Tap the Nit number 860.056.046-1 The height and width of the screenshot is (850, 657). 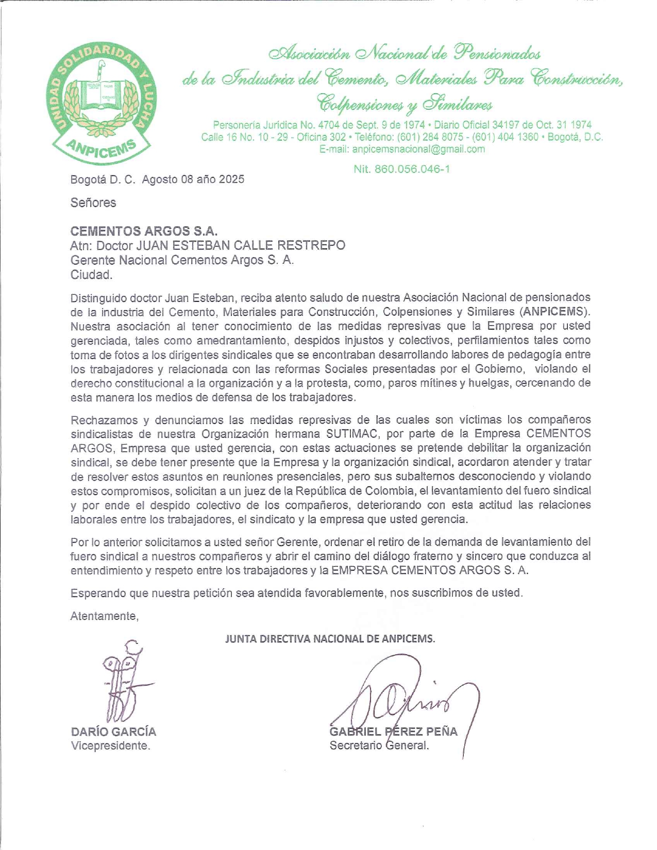pyautogui.click(x=401, y=169)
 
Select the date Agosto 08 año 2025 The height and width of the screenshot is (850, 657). pyautogui.click(x=193, y=179)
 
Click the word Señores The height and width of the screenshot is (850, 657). pyautogui.click(x=93, y=202)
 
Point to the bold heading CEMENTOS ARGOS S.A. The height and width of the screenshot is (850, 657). pyautogui.click(x=144, y=231)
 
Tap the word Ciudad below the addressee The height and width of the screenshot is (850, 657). pyautogui.click(x=91, y=275)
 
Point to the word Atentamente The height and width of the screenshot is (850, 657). pyautogui.click(x=104, y=616)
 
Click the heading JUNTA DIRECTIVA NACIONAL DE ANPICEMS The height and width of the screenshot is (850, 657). pyautogui.click(x=330, y=639)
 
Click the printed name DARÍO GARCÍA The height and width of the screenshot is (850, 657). pyautogui.click(x=113, y=732)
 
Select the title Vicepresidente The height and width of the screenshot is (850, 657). pyautogui.click(x=110, y=745)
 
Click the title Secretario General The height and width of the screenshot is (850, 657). pyautogui.click(x=379, y=745)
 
